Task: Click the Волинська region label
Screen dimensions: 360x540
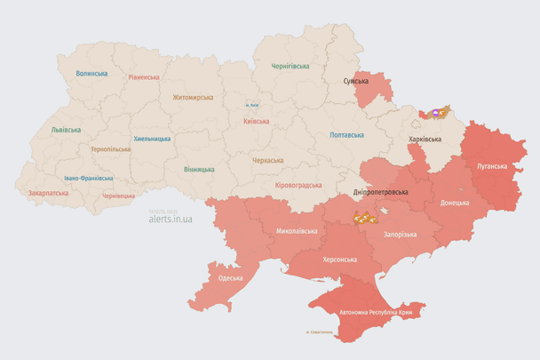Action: click(91, 74)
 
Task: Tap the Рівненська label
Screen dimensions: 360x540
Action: click(142, 77)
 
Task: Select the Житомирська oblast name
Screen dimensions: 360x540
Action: click(193, 97)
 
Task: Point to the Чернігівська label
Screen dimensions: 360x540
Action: click(290, 66)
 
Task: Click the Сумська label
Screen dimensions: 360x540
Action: click(356, 81)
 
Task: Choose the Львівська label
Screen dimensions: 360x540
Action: click(66, 130)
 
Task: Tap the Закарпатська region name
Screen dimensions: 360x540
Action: click(48, 192)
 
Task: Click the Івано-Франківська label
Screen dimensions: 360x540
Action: click(88, 178)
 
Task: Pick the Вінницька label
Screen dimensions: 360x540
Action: click(199, 169)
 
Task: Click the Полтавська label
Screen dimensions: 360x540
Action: click(346, 135)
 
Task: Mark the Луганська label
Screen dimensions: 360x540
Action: click(491, 165)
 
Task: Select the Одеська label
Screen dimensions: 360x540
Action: click(230, 278)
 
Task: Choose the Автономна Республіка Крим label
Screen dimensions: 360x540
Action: click(376, 313)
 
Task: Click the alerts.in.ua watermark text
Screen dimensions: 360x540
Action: click(171, 219)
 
